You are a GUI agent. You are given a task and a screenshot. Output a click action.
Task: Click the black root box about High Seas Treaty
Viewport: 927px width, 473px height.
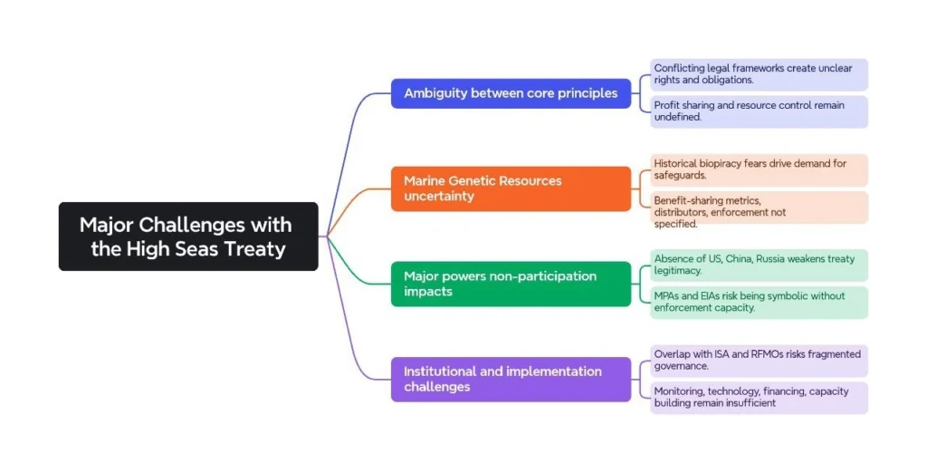click(188, 236)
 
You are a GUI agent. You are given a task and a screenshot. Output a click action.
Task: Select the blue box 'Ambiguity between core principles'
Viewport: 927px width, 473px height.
click(511, 93)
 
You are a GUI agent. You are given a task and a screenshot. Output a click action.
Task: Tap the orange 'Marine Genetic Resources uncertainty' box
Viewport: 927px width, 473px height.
click(511, 188)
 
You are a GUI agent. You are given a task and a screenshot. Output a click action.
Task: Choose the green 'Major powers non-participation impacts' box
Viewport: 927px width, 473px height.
click(511, 284)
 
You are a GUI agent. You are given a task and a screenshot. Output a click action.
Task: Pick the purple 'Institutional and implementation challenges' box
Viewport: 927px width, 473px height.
click(511, 379)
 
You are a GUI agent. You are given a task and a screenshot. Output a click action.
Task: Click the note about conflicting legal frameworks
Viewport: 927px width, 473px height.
click(759, 74)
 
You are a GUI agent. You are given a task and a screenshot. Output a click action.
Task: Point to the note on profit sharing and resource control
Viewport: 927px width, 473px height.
click(759, 111)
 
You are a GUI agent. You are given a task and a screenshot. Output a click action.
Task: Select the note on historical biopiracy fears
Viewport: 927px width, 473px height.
click(759, 169)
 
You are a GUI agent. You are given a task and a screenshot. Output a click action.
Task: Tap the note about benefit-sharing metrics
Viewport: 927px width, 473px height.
click(759, 208)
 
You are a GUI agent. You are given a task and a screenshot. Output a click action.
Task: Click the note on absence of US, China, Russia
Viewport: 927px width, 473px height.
click(759, 265)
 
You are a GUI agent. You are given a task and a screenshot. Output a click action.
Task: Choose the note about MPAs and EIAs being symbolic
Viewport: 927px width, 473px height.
click(759, 302)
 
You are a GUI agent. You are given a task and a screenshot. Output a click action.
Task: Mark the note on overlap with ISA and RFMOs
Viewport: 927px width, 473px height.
click(759, 360)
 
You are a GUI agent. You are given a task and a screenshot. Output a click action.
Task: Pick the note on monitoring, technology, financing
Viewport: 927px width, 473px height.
click(759, 398)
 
